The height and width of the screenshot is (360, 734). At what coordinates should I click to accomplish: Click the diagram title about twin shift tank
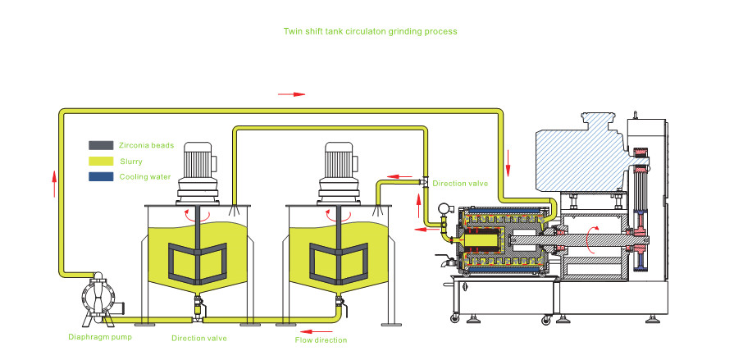click(370, 30)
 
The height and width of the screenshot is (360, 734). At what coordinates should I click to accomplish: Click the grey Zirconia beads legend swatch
click(101, 145)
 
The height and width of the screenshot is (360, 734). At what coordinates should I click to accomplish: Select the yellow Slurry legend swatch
click(101, 161)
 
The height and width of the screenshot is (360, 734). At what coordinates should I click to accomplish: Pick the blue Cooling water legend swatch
click(101, 176)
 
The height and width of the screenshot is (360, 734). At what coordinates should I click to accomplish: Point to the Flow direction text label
click(321, 339)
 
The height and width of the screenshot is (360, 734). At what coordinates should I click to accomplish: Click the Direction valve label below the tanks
click(199, 337)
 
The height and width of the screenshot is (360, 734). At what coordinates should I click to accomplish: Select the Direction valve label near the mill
click(460, 184)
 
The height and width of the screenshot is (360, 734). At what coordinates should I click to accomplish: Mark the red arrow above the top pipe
click(291, 94)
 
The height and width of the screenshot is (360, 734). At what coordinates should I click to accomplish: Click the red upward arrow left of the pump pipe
click(55, 182)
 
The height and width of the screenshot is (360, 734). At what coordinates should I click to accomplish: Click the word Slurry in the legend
click(131, 161)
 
